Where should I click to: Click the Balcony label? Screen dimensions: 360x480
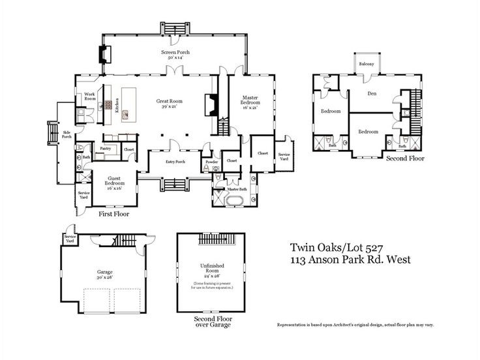[365, 64]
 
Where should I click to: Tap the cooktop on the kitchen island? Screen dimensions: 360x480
[125, 115]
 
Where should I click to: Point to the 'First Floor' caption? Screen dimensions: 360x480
[114, 213]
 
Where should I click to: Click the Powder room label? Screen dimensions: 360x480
[211, 162]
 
